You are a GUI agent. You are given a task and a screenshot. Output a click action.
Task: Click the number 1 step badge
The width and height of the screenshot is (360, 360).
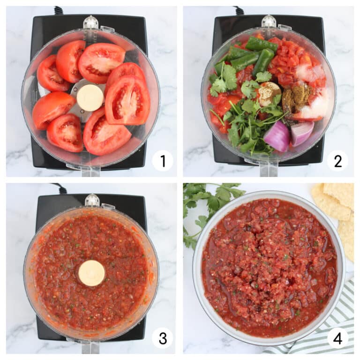162,161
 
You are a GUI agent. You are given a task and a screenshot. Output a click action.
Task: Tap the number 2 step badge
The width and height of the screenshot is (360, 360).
337,161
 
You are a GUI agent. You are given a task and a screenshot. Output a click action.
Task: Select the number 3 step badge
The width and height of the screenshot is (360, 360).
162,338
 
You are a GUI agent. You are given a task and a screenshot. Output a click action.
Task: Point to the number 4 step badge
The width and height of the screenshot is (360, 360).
337,338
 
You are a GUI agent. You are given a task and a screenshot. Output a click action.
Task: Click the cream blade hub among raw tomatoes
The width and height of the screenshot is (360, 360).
90,97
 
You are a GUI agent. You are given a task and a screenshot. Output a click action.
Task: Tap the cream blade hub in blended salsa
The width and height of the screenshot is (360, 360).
91,273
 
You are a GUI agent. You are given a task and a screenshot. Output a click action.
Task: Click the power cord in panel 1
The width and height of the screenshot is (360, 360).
59,10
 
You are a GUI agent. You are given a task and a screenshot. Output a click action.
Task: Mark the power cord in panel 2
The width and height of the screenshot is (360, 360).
239,10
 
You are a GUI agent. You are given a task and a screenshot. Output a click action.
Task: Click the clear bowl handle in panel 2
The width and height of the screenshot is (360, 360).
268,168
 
